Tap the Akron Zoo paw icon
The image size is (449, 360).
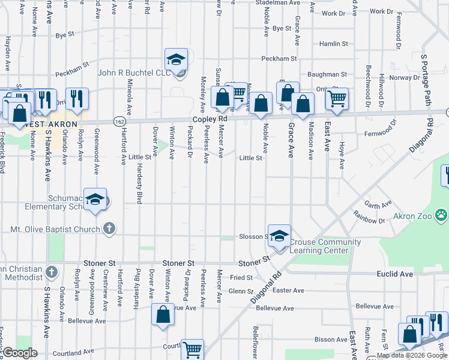[442, 214]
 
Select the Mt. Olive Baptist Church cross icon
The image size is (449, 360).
[109, 229]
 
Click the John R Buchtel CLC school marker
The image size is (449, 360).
[176, 60]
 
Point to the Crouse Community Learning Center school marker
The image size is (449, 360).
[279, 236]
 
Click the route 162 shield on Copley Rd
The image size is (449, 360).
[120, 121]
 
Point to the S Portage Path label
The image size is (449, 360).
[427, 79]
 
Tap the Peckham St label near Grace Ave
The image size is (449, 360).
[279, 59]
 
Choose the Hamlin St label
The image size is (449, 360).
[333, 44]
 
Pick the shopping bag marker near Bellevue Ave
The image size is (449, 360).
[163, 316]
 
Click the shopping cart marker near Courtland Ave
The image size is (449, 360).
[192, 349]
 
